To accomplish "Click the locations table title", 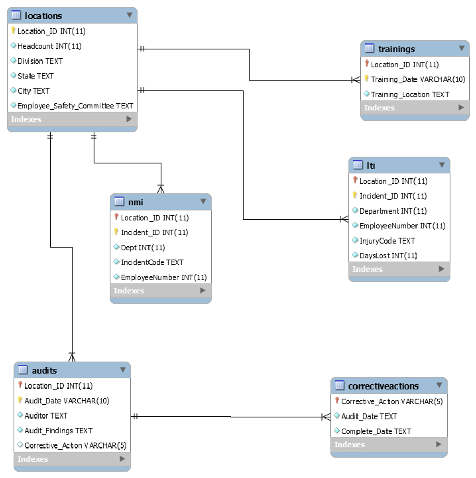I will pos(43,16).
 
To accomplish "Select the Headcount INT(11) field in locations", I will pos(49,46).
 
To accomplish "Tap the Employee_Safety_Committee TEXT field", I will pos(75,106).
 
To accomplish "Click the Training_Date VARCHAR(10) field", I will pos(418,79).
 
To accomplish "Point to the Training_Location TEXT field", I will pos(410,94).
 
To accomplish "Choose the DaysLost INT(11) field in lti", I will pos(388,255).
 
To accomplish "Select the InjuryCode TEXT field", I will pos(387,241).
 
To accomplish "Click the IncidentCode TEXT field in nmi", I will pos(152,262).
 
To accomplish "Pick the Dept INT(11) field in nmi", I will pos(142,248).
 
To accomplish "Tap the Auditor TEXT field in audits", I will pos(46,415).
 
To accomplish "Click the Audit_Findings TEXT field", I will pos(58,430).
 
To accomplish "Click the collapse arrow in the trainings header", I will pos(461,48).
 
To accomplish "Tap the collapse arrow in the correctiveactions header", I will pos(439,385).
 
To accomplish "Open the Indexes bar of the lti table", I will pos(399,269).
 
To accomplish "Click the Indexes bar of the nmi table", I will pos(160,291).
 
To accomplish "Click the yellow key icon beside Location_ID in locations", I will pos(13,31).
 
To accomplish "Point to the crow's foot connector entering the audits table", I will pos(72,356).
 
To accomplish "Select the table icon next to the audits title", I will pos(23,370).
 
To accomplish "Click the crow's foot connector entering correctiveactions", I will pos(325,417).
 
